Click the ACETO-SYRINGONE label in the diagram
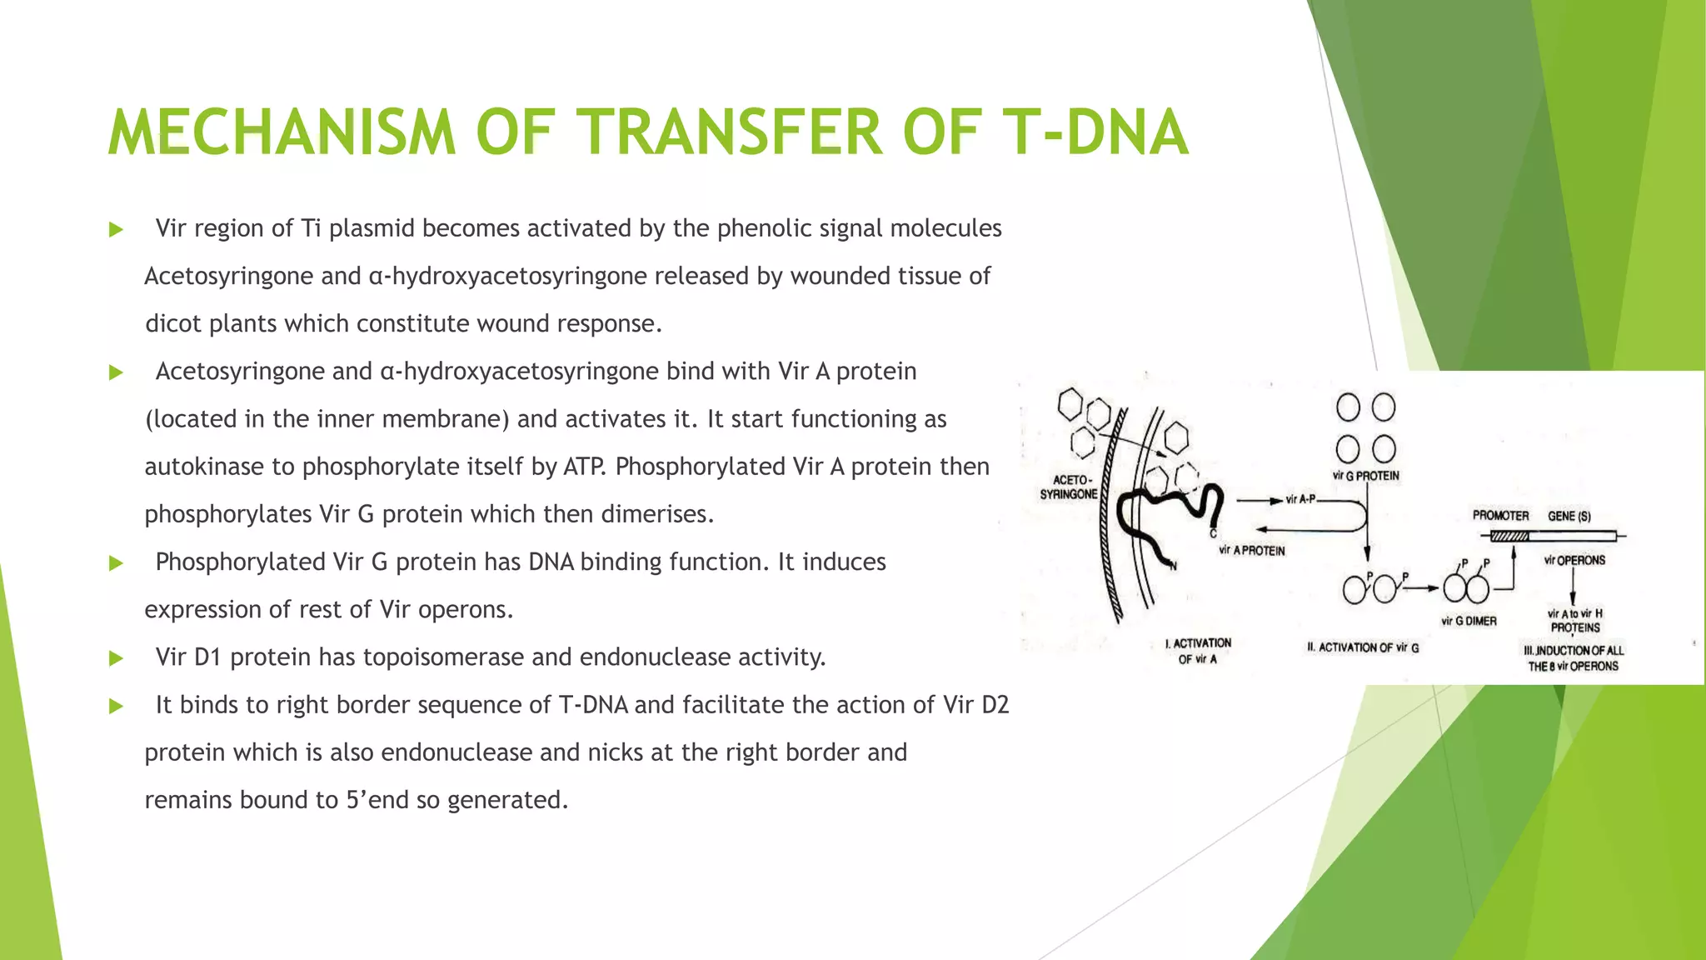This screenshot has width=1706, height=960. click(1069, 487)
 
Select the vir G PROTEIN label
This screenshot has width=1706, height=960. click(1366, 476)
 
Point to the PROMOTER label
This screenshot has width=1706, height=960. click(1500, 516)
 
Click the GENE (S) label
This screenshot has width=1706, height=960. click(1569, 516)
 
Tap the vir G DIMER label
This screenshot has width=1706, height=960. click(1469, 621)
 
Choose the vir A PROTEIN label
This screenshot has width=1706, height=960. click(1252, 550)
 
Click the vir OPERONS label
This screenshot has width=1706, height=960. click(1574, 560)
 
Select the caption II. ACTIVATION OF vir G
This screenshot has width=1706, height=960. click(1363, 647)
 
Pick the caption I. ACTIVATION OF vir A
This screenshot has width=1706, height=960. click(1198, 651)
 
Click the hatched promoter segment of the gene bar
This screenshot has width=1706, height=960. click(1509, 537)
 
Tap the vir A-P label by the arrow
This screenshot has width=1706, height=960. click(1300, 499)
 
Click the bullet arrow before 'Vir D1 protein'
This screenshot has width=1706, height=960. click(116, 658)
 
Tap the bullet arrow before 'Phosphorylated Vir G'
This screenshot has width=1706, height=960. click(116, 563)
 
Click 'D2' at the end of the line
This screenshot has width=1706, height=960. click(995, 705)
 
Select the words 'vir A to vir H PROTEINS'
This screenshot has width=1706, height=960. click(1574, 621)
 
